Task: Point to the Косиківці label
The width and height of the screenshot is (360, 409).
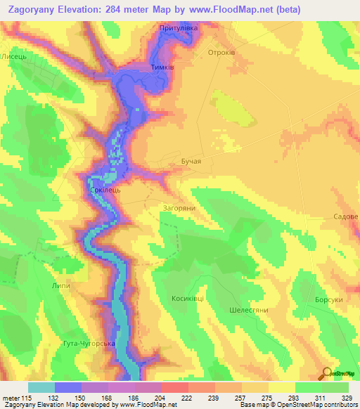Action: tap(188, 298)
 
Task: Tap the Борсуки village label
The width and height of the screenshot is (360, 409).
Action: tap(329, 299)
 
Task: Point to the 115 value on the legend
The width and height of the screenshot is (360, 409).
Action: tap(28, 398)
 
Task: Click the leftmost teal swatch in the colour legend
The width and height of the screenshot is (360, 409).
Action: tap(41, 387)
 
